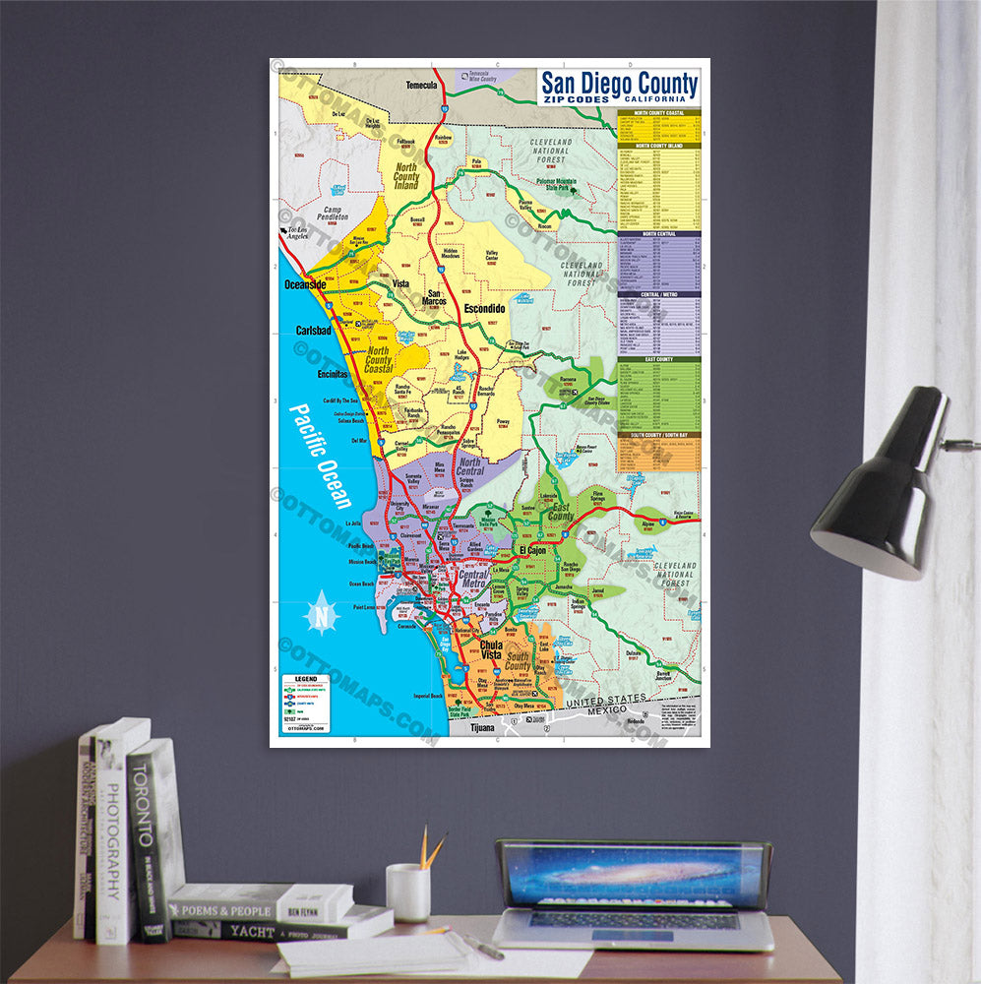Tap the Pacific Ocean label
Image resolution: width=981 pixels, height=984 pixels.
coord(321,458)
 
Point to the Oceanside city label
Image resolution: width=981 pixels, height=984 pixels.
coord(305,284)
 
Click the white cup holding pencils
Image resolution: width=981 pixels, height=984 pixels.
coord(407,892)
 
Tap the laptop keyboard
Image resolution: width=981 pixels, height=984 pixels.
coord(634,921)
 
